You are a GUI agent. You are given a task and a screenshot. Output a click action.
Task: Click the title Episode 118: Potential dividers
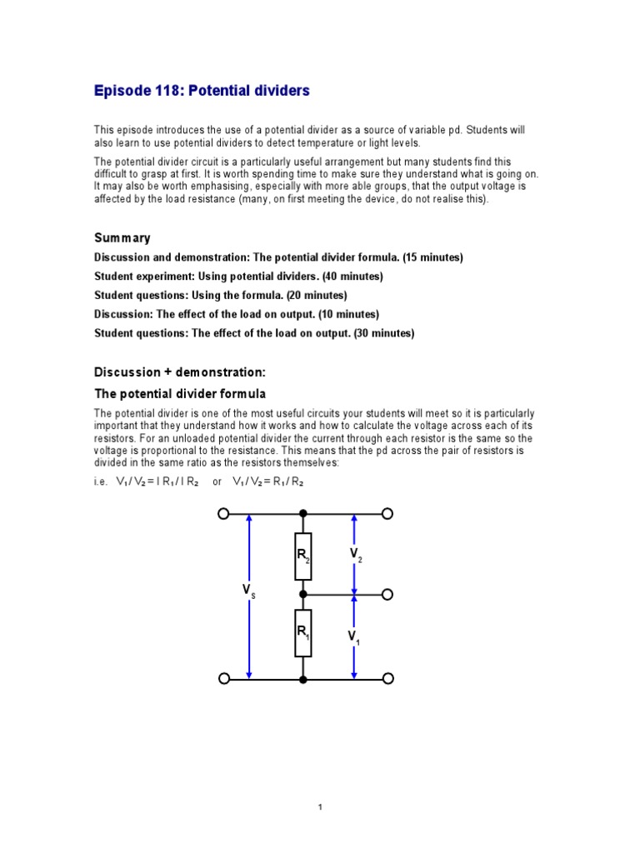tap(201, 91)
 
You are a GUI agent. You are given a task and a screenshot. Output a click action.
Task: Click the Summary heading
tap(122, 238)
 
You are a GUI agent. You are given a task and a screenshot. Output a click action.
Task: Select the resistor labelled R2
tap(303, 556)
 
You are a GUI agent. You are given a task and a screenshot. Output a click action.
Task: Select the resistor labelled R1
tap(303, 633)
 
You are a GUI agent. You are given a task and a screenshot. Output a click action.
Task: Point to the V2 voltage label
tap(355, 555)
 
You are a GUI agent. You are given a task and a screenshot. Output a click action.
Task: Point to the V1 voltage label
tap(354, 637)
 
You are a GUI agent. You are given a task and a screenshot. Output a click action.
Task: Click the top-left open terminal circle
tap(222, 514)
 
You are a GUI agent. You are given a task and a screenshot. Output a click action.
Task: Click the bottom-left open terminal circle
tap(222, 680)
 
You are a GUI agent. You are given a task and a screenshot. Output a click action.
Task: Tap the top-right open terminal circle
tap(387, 514)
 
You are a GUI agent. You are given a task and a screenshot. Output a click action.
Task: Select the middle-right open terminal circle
tap(387, 595)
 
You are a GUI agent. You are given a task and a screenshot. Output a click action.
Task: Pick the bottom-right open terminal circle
tap(387, 680)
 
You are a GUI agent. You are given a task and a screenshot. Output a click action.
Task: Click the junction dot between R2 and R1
tap(303, 595)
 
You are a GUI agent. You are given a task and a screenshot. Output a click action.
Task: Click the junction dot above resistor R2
tap(303, 514)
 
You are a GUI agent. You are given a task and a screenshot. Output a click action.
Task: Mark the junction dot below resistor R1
tap(303, 680)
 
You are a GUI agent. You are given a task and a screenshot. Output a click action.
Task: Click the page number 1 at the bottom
tap(320, 807)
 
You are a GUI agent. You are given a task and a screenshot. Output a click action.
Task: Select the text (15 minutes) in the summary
tap(431, 257)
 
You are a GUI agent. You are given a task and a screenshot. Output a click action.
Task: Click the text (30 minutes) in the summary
tap(383, 333)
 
